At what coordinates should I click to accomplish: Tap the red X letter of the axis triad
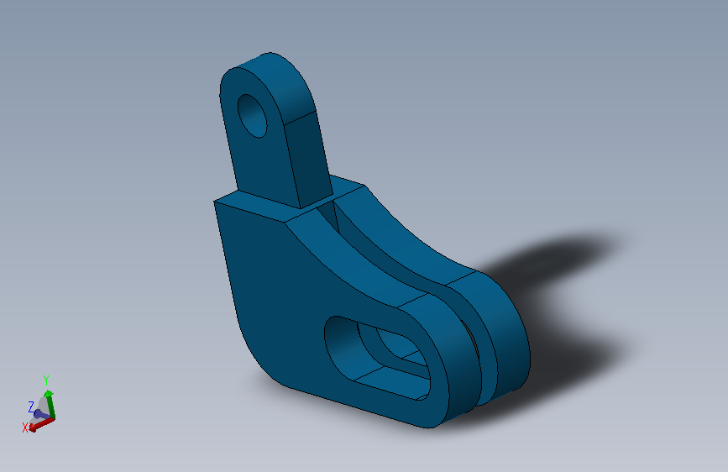pyautogui.click(x=26, y=427)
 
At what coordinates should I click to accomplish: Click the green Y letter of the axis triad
pyautogui.click(x=46, y=380)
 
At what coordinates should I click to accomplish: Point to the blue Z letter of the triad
pyautogui.click(x=31, y=406)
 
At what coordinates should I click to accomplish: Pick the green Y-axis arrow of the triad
pyautogui.click(x=50, y=402)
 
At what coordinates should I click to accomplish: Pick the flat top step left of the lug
pyautogui.click(x=252, y=204)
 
